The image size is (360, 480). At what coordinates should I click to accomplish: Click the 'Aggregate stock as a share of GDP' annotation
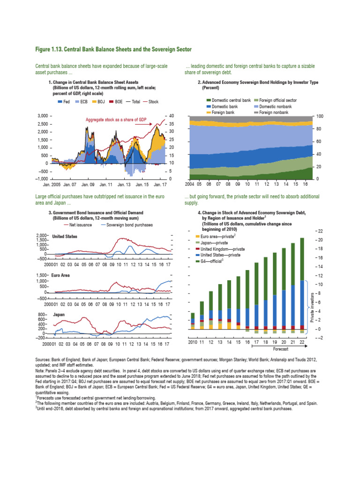coord(116,120)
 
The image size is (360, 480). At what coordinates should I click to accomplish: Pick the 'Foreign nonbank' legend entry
coord(275,113)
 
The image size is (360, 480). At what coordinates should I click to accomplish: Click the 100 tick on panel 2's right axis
coord(320,116)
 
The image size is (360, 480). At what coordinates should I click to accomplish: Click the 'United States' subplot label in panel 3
coord(64,236)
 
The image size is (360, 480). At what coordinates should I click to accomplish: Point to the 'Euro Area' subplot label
coord(61,276)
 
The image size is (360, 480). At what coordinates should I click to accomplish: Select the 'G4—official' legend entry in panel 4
coord(211,261)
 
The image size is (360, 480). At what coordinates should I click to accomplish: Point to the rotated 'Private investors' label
coord(313,307)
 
